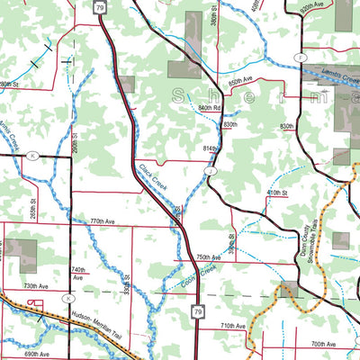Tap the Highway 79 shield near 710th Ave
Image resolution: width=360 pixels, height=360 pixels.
tap(196, 311)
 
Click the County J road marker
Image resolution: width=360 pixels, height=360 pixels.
tap(211, 170)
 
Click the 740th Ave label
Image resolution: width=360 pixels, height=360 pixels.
tap(79, 274)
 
